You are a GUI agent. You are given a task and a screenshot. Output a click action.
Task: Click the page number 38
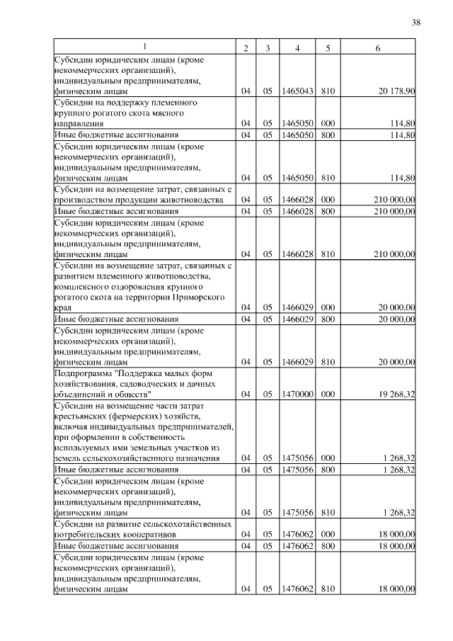coord(415,23)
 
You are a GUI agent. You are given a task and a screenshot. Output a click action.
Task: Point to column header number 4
coord(297,47)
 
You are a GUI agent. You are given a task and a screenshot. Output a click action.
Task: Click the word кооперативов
coord(129,535)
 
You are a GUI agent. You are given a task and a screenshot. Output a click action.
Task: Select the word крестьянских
coord(80,416)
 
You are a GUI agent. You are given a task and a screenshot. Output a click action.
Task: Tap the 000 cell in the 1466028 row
coord(328,200)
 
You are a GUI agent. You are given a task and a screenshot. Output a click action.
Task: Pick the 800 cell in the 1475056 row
coord(328,469)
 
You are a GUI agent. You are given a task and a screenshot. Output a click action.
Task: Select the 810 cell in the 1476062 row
coord(328,589)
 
